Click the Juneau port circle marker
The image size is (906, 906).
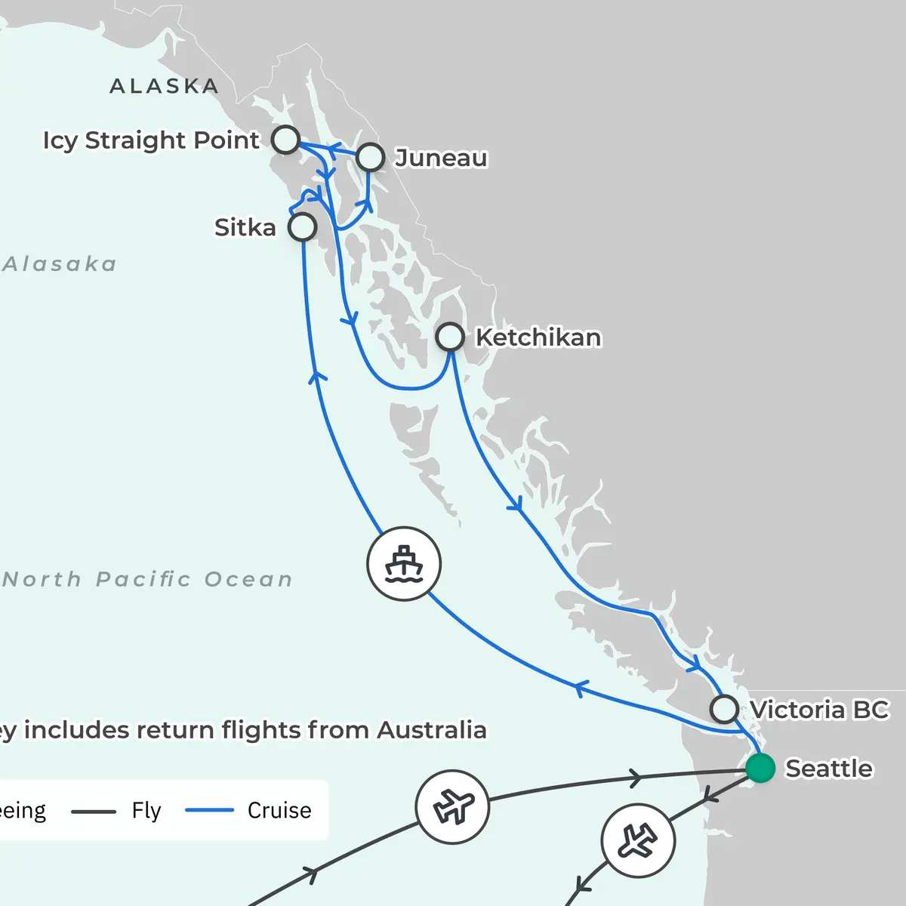tap(370, 157)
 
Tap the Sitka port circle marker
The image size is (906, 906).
tap(302, 226)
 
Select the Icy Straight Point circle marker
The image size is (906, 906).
tap(285, 140)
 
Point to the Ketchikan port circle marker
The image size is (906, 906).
tap(450, 337)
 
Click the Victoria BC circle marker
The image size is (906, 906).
tap(724, 709)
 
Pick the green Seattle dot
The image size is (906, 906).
tap(760, 768)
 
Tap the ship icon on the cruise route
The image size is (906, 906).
tap(404, 564)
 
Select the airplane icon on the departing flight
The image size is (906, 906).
tap(638, 840)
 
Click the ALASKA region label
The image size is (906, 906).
tap(164, 86)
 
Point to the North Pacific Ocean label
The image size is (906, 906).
tap(147, 579)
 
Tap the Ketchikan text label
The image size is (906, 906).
tap(538, 337)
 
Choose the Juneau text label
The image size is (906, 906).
tap(441, 158)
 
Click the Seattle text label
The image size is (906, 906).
tap(829, 769)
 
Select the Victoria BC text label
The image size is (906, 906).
tap(819, 710)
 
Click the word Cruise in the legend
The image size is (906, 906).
tap(279, 810)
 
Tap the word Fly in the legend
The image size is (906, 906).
tap(146, 810)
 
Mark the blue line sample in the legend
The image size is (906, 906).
tap(209, 811)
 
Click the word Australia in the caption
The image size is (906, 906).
tap(431, 730)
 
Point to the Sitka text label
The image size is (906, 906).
tap(245, 227)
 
